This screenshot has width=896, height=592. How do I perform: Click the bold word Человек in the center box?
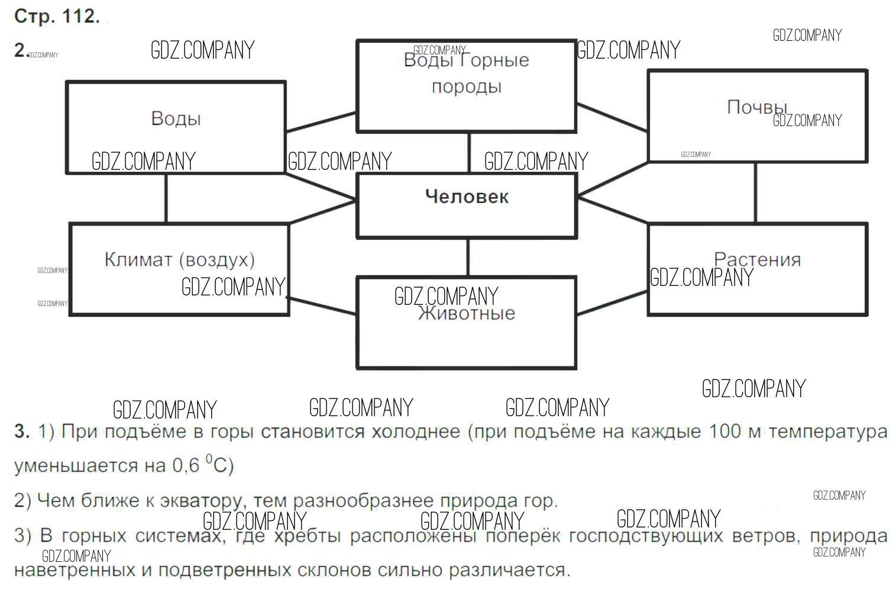click(467, 197)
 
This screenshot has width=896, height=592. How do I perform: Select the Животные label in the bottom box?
click(467, 313)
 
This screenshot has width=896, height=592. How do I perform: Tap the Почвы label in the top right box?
click(757, 107)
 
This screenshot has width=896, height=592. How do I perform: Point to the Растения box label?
click(757, 259)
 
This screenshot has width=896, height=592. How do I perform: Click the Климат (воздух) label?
click(180, 259)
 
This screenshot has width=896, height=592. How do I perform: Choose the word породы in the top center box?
click(467, 86)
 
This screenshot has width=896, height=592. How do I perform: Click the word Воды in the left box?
click(176, 118)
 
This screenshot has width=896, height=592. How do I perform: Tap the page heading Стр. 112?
click(57, 16)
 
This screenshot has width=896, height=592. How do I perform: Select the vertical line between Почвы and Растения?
click(755, 192)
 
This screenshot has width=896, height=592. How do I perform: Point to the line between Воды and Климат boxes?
click(166, 198)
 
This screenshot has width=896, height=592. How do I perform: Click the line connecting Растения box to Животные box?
click(612, 303)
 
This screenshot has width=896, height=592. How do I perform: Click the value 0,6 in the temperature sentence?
click(186, 466)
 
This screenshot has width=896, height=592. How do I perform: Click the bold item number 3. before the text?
click(21, 431)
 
